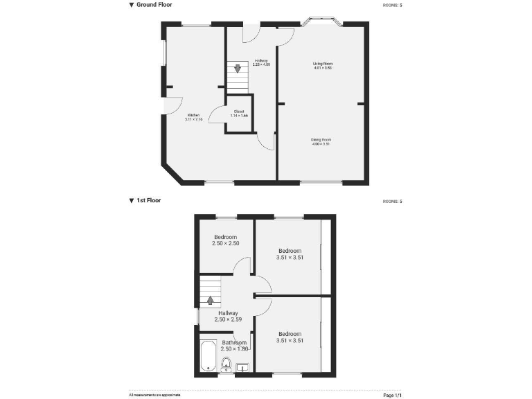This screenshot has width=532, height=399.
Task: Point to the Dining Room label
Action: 321,141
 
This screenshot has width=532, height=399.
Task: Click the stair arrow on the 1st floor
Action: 210,300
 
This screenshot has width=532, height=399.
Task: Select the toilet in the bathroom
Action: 226,364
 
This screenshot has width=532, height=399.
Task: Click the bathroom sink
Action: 243,366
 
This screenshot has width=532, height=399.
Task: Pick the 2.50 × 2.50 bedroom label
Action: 225,240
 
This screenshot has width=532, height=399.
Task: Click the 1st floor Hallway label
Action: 227,317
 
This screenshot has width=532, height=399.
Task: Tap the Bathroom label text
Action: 234,342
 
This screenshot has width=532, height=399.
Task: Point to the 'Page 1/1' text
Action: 393,394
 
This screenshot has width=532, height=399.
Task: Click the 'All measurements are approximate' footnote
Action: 154,394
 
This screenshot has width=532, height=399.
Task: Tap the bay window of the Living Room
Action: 322,22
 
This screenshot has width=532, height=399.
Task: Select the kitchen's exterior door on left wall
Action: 168,105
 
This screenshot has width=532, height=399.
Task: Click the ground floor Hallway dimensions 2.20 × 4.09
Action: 261,64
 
